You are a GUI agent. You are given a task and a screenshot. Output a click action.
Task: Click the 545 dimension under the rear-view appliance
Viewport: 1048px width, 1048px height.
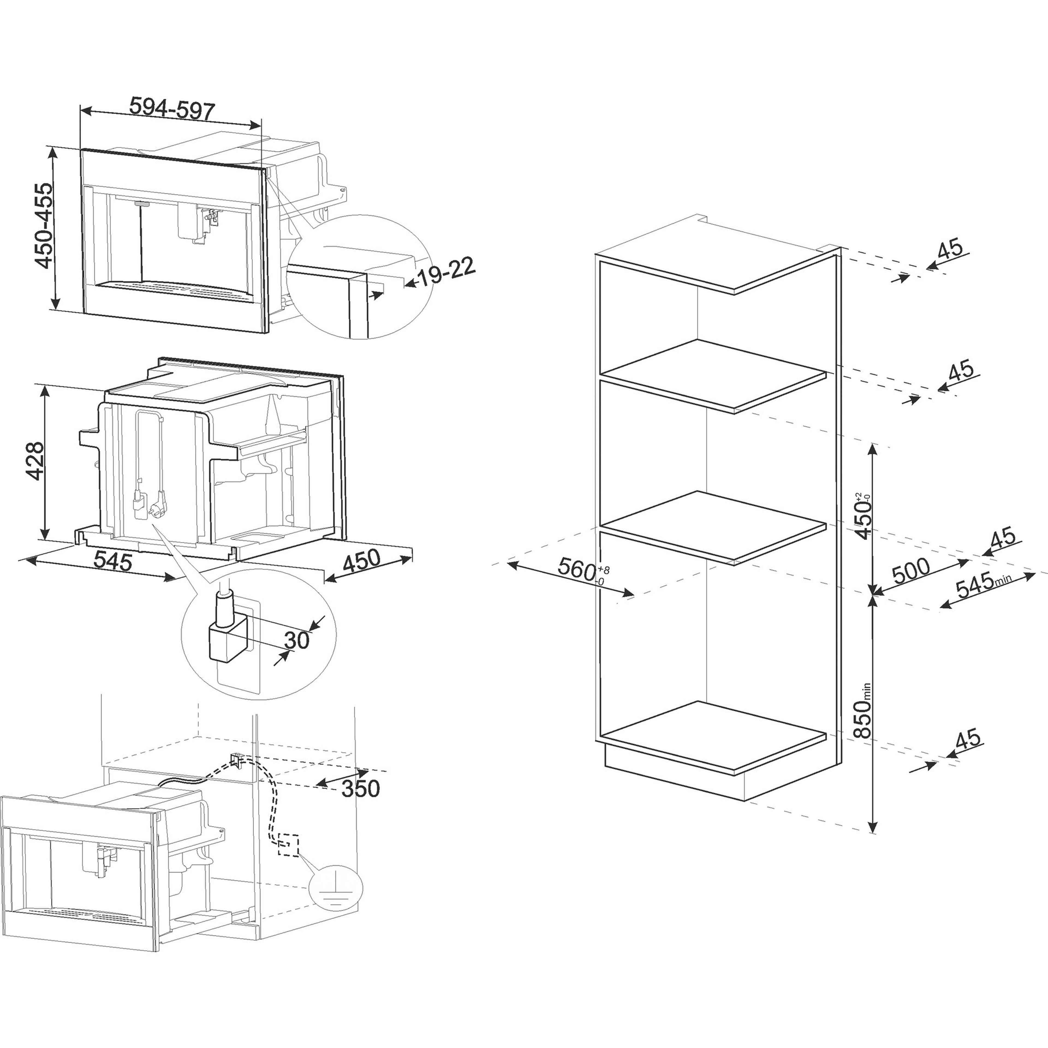click(113, 560)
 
